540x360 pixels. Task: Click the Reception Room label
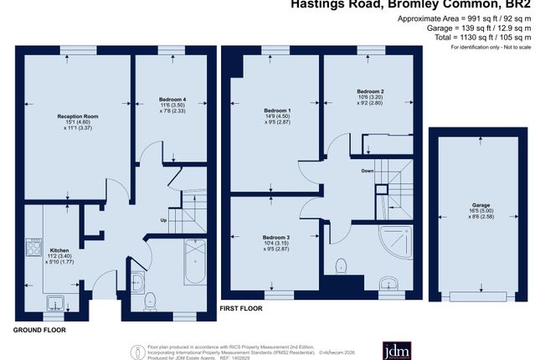[x=78, y=116]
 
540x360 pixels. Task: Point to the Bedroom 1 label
[x=277, y=111]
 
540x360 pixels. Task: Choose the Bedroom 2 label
[x=370, y=90]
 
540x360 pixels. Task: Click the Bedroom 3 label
[x=276, y=237]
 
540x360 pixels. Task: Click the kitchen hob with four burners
[x=36, y=246]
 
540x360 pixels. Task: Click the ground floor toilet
[x=151, y=299]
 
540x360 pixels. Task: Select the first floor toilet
[x=340, y=266]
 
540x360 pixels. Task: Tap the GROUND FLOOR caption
[x=39, y=329]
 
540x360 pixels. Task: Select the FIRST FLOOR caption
[x=241, y=308]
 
